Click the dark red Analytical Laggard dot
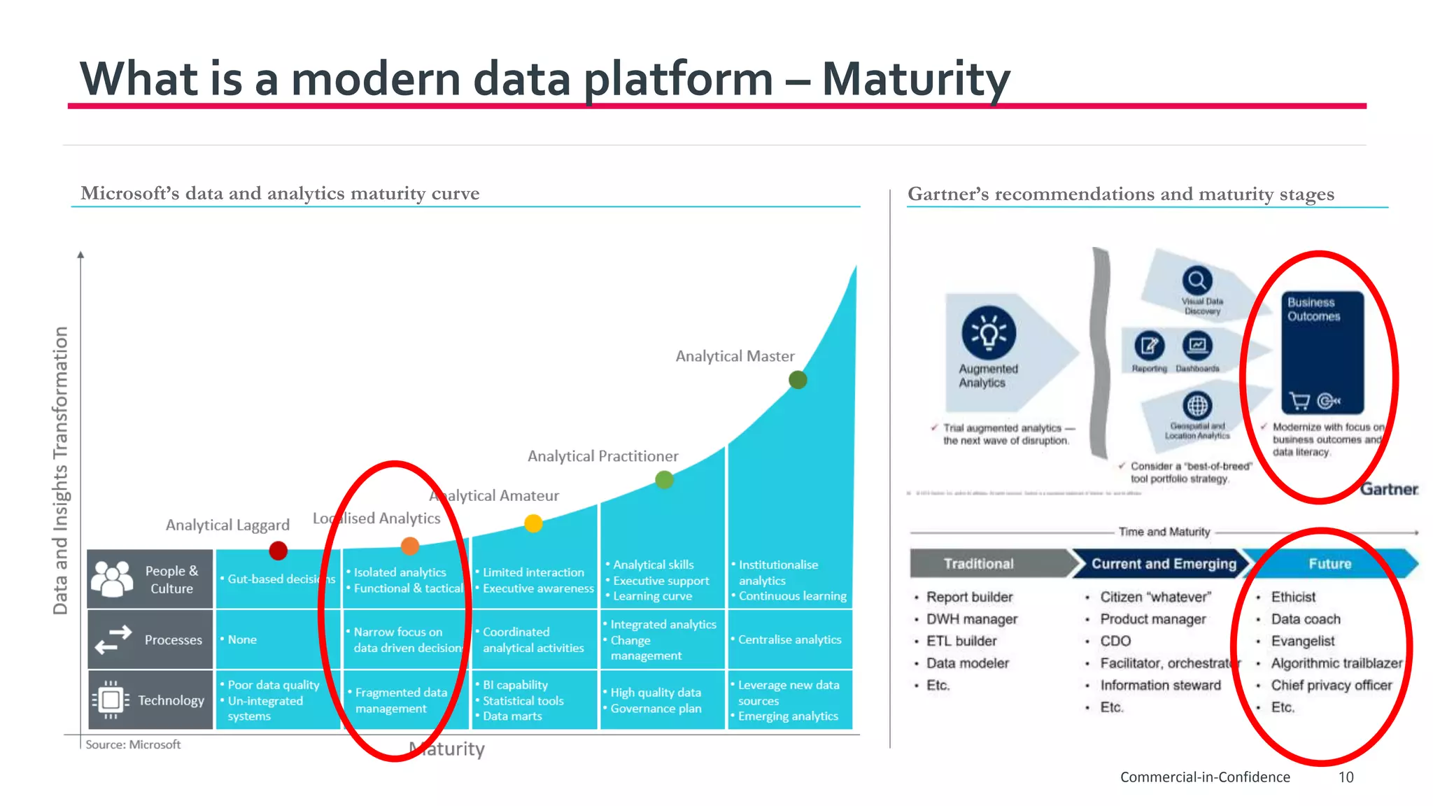(x=278, y=551)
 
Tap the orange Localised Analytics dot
(x=410, y=546)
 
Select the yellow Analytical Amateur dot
(x=533, y=523)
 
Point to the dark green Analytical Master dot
(x=798, y=380)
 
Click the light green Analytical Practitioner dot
(x=664, y=480)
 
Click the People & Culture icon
(x=112, y=579)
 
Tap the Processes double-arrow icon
(x=113, y=639)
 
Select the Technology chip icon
(x=111, y=700)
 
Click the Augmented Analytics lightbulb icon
(x=988, y=333)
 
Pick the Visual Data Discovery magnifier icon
(x=1197, y=281)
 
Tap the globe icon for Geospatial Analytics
(x=1197, y=406)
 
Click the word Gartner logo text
(x=1389, y=489)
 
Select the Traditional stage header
(x=978, y=564)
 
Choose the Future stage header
(x=1330, y=564)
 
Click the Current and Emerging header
(x=1164, y=564)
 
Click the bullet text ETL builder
(x=961, y=641)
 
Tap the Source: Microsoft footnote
(x=133, y=744)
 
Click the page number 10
(x=1346, y=777)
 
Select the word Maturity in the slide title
(x=915, y=78)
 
